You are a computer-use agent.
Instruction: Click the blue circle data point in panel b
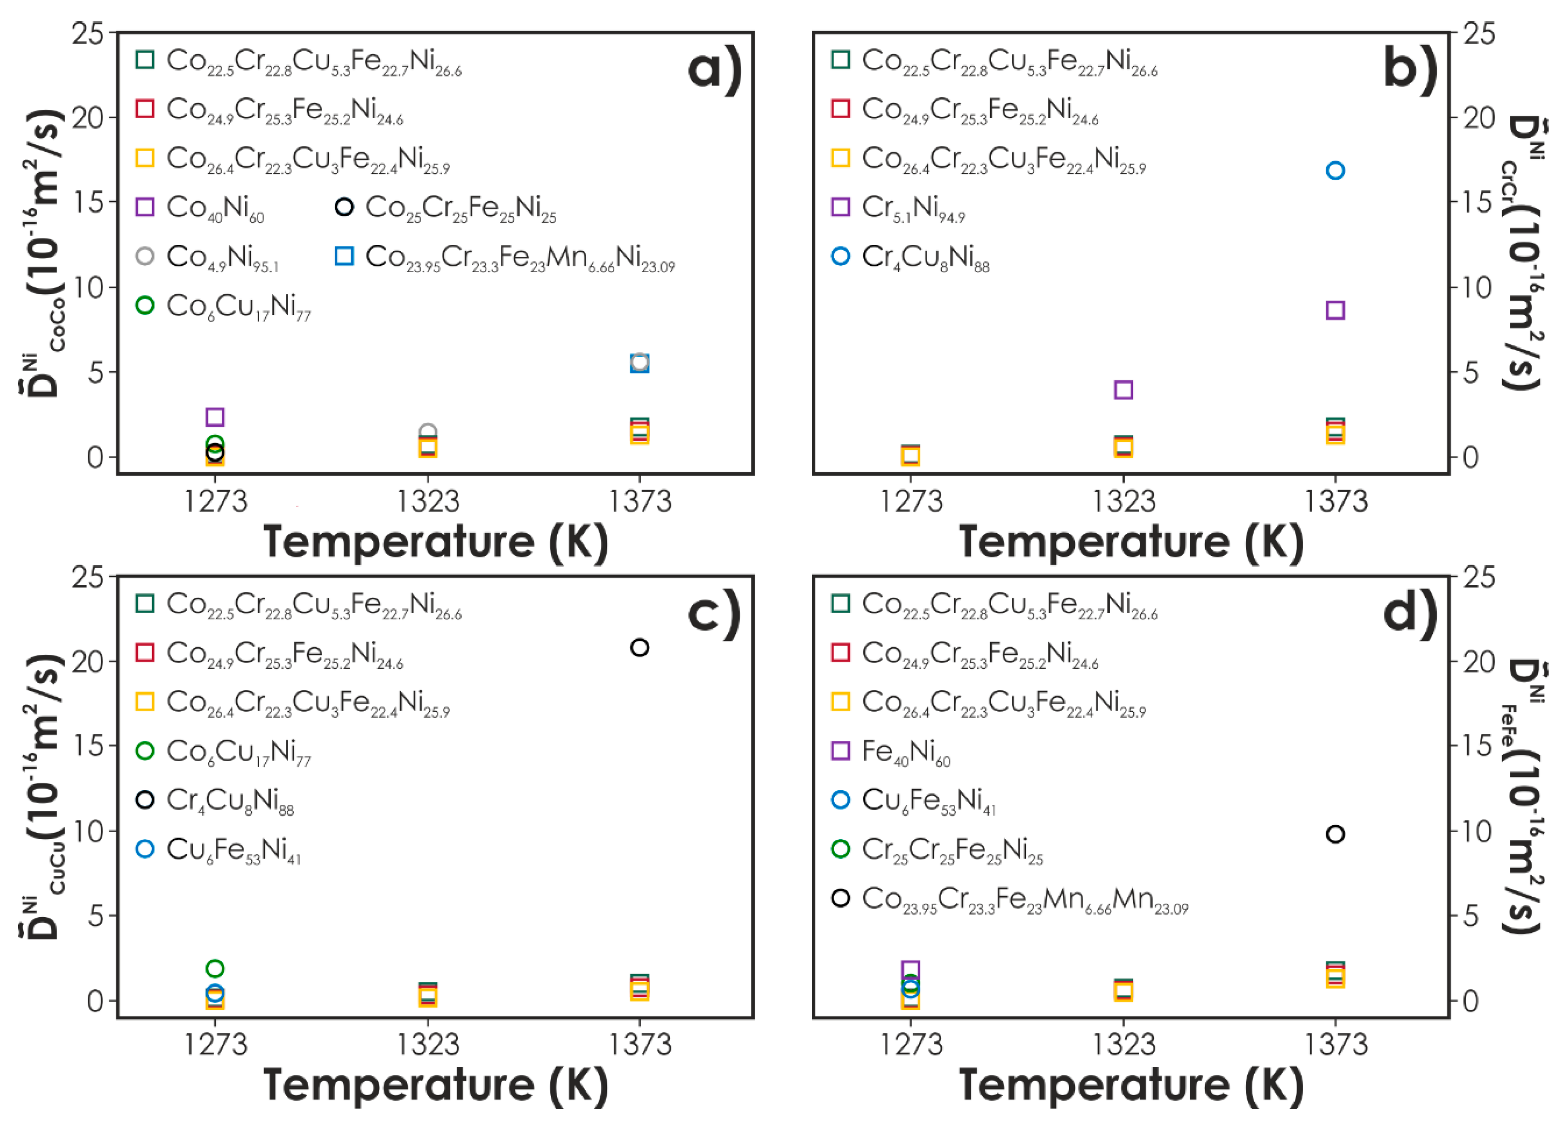tap(1335, 170)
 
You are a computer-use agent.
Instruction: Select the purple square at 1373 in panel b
tap(1335, 310)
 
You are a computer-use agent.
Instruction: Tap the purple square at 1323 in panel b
tap(1123, 389)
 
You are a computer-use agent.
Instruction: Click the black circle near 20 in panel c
tap(639, 648)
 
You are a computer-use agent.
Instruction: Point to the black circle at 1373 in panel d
tap(1335, 834)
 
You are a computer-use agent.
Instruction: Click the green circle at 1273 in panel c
tap(215, 968)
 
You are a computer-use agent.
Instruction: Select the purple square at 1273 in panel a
tap(215, 417)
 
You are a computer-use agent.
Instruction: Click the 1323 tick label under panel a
tap(428, 501)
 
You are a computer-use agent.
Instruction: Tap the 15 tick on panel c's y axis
tap(88, 746)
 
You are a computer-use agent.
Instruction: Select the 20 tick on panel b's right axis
tap(1478, 118)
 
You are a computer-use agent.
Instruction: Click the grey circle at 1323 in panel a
tap(428, 433)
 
